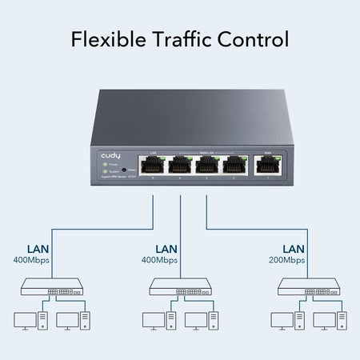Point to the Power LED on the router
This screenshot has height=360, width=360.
click(104, 164)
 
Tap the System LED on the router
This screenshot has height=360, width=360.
click(104, 171)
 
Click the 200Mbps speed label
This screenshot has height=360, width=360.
click(286, 261)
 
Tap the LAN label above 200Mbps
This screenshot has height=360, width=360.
click(293, 248)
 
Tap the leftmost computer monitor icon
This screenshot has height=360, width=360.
click(25, 320)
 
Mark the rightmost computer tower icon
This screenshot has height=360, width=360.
click(342, 322)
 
